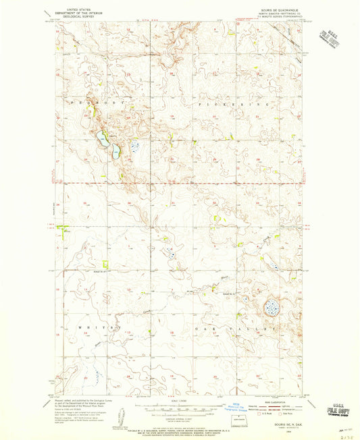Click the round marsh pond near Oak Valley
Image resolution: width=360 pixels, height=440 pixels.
point(272,308)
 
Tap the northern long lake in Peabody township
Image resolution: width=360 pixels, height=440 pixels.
point(102,139)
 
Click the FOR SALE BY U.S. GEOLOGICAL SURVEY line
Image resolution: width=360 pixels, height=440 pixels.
point(180,423)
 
